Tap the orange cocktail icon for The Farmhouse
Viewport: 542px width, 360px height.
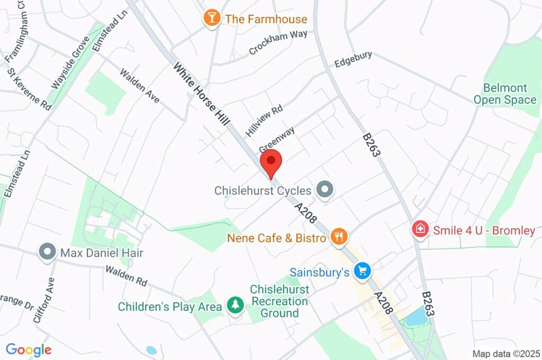pos(212,19)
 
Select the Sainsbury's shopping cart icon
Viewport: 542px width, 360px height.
pos(362,272)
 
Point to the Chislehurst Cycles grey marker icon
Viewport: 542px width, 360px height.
pos(324,190)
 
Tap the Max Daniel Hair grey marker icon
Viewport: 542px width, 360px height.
pos(48,252)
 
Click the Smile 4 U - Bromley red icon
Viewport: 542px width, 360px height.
pos(420,230)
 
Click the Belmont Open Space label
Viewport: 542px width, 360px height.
pos(504,94)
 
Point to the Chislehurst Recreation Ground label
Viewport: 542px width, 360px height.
pos(279,301)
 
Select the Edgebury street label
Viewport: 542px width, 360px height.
pos(353,59)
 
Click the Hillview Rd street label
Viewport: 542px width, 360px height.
pos(264,120)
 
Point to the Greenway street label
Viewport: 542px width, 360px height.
pos(277,139)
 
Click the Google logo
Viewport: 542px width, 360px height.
pos(29,349)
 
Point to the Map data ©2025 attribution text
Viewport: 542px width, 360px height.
pos(507,353)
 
